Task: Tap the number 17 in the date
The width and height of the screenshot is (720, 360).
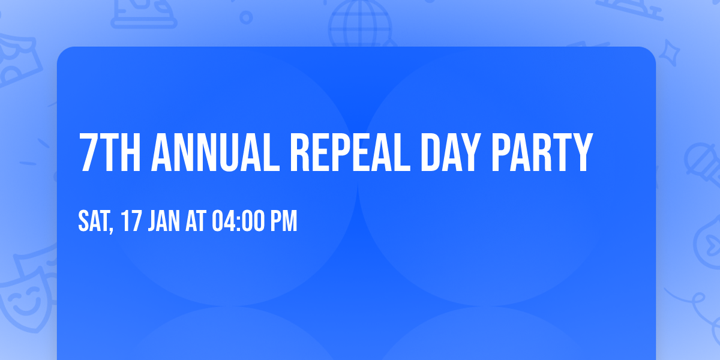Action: [132, 221]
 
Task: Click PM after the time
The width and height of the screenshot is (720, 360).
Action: [284, 221]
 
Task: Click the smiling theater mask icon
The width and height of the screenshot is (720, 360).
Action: [24, 300]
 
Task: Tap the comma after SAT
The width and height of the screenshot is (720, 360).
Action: [112, 230]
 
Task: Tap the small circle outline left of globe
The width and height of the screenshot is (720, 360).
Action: [246, 17]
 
